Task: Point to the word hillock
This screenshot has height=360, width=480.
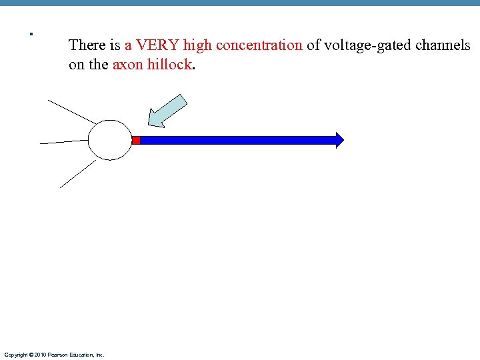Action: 169,65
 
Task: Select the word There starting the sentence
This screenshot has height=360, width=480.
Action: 85,46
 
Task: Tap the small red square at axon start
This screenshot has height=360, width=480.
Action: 136,140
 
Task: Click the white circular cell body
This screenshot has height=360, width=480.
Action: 111,140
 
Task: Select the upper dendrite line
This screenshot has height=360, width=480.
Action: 71,111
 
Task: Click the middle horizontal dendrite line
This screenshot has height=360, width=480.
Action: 64,142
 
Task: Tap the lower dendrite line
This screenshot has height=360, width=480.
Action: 78,174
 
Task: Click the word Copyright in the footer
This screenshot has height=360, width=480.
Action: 15,355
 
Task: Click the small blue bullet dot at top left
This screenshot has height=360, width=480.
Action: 31,33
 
